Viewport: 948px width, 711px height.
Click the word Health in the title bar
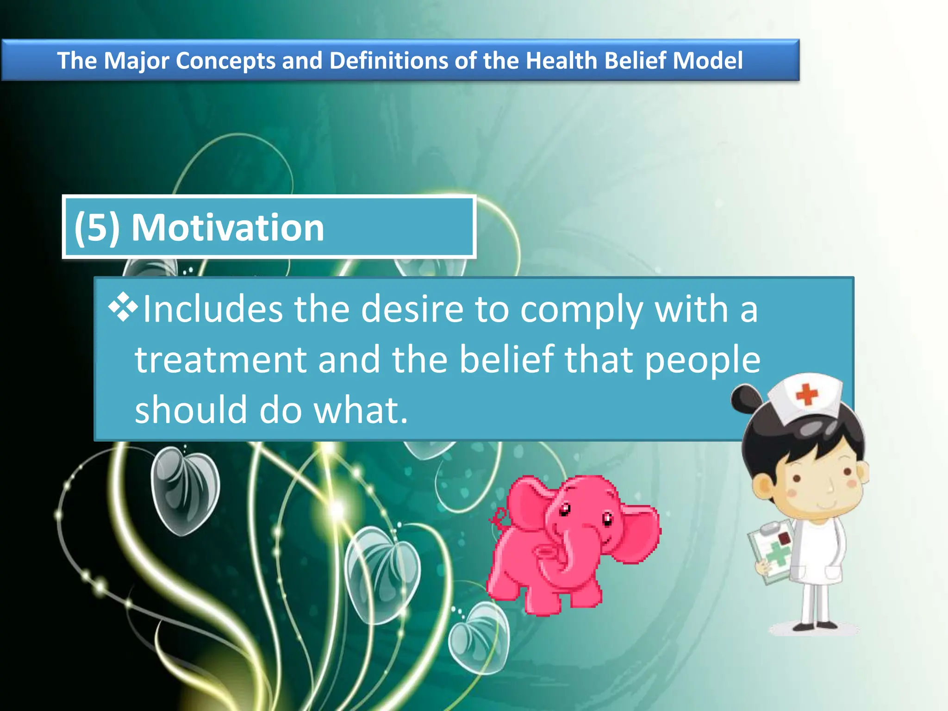[561, 61]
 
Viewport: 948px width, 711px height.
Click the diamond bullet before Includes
[123, 307]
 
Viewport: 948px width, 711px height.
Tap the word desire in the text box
[412, 309]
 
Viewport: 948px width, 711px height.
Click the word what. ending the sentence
[361, 410]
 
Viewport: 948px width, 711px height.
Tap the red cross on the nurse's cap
[807, 394]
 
